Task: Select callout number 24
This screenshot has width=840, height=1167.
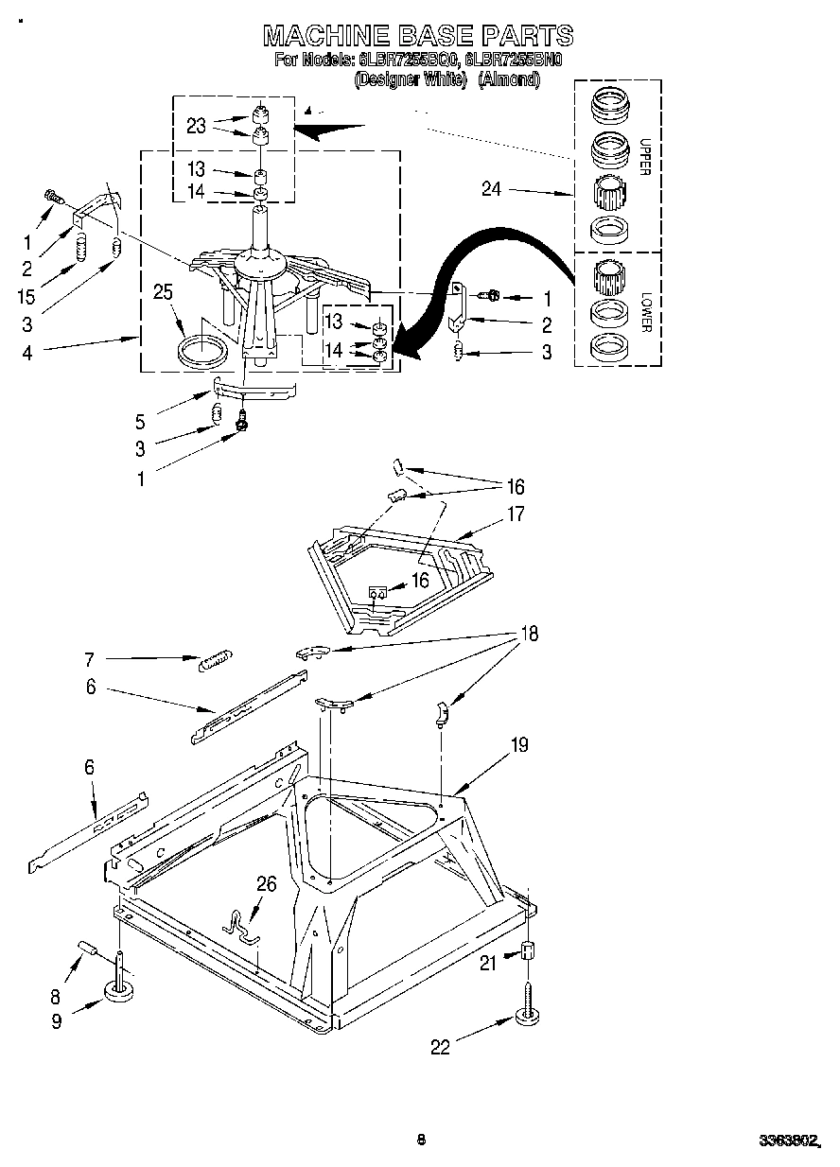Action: (491, 189)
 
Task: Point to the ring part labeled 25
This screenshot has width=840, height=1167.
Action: (203, 349)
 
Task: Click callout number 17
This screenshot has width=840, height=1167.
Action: (515, 515)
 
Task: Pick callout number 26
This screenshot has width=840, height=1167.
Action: (267, 884)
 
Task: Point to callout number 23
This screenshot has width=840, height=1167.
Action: (197, 126)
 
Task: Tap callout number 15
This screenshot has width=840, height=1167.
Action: (26, 296)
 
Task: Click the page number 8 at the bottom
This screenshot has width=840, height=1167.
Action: (421, 1140)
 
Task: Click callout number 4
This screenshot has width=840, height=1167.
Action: (27, 353)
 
